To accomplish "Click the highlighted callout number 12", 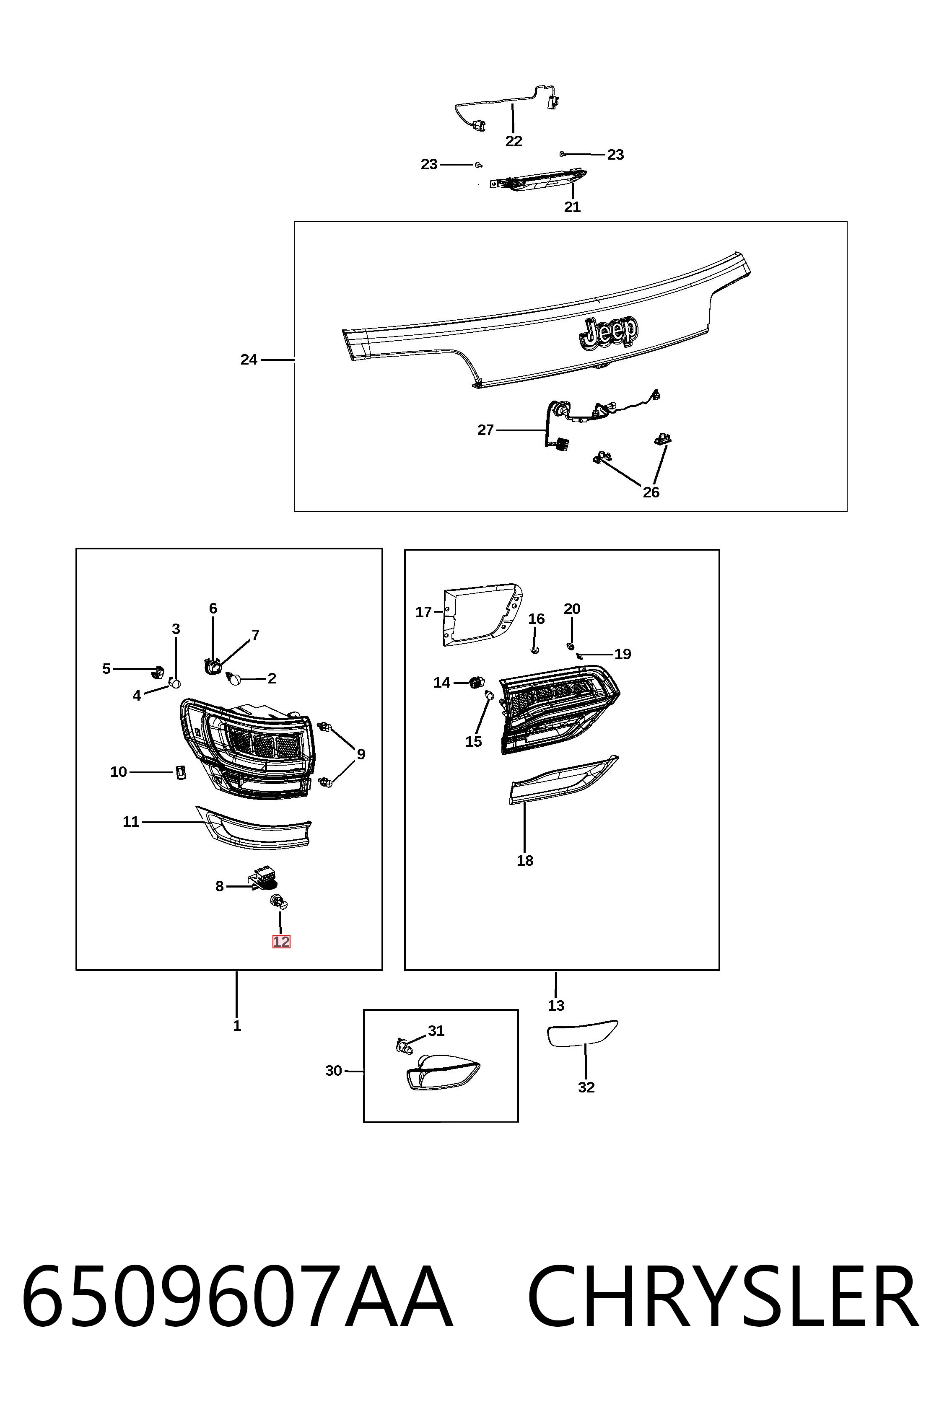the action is (x=281, y=942).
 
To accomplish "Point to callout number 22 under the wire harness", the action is (x=514, y=141).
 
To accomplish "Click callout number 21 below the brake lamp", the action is (x=573, y=207).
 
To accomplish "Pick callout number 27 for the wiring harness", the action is (x=486, y=430).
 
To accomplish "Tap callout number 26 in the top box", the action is (x=651, y=492).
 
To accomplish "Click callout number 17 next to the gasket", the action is (x=423, y=612).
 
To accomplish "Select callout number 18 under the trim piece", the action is (x=525, y=861).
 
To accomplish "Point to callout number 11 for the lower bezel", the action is (x=131, y=822).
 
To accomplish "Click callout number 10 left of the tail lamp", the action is (x=119, y=772).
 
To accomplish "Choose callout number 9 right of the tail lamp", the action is (x=361, y=754).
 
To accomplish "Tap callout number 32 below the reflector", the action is (x=586, y=1087).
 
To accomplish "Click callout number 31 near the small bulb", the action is (x=436, y=1031).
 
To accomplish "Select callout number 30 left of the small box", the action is (x=334, y=1070).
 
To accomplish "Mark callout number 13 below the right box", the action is (x=556, y=1006).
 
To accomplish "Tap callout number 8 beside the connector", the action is (x=220, y=886).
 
